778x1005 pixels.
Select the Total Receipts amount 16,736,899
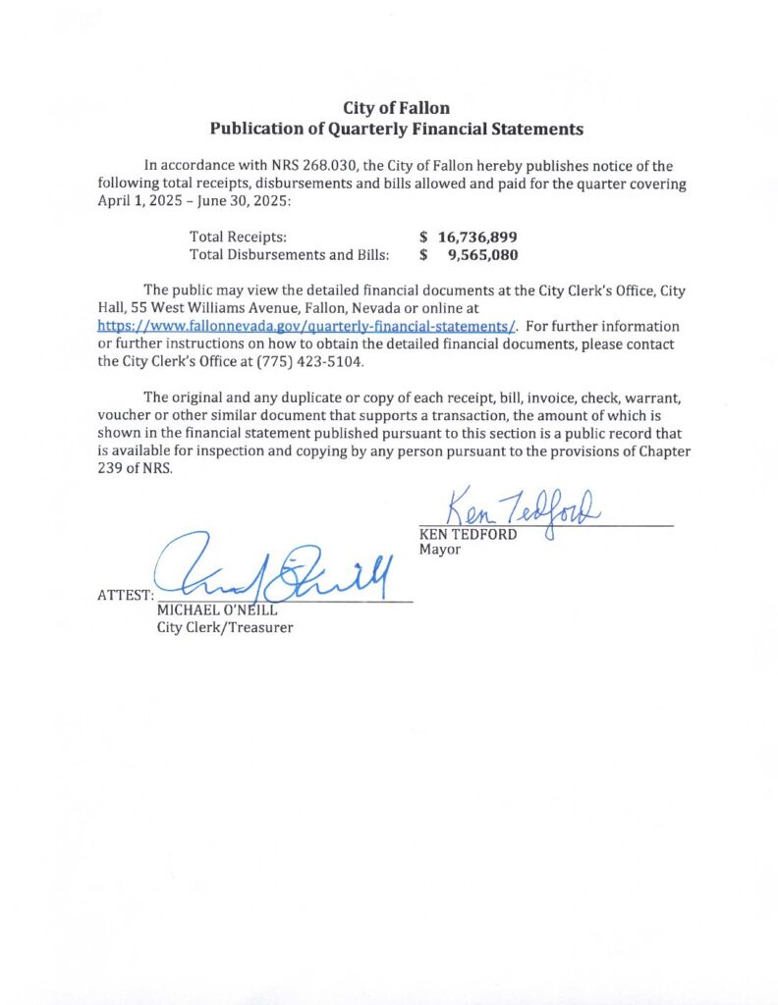[x=477, y=238]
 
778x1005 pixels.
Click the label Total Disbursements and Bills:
[x=289, y=255]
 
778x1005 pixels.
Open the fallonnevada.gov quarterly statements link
[x=307, y=326]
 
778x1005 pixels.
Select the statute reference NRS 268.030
[x=299, y=166]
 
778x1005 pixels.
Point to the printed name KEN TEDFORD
[x=468, y=535]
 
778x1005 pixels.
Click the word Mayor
[x=439, y=551]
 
